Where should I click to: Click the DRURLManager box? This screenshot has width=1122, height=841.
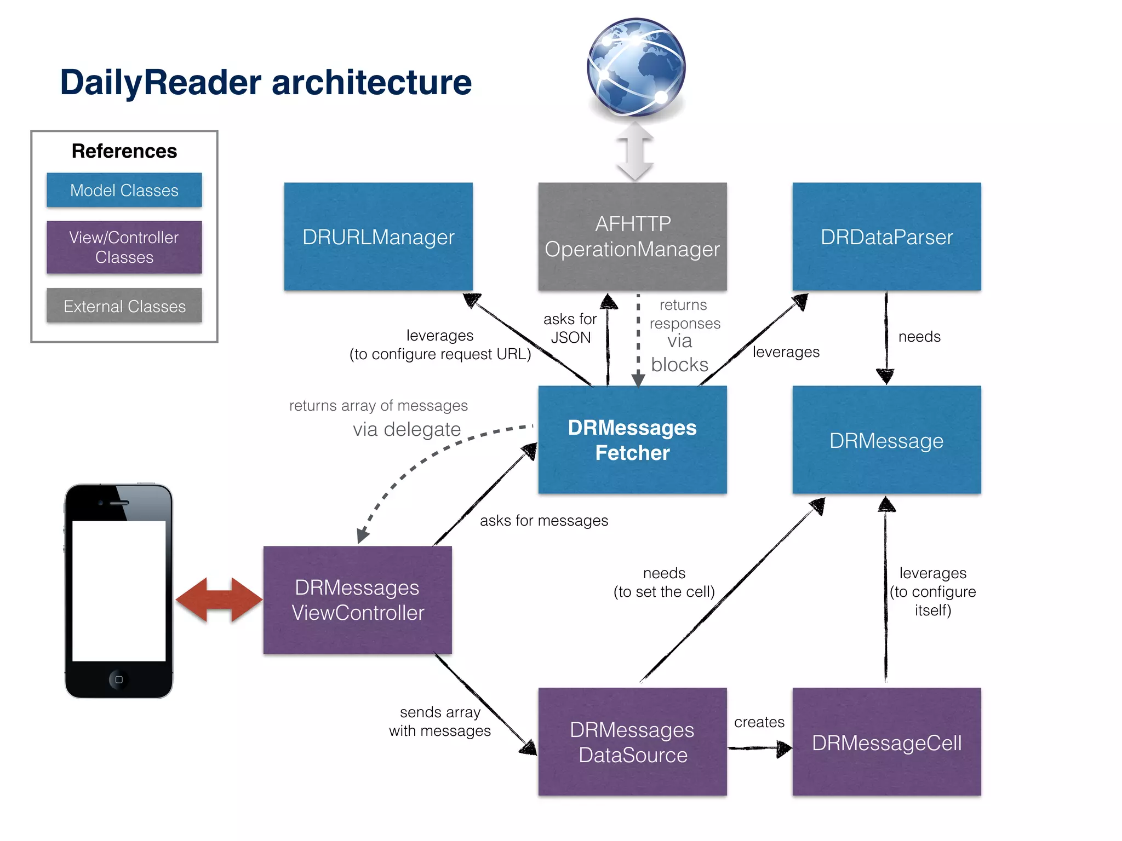tap(378, 237)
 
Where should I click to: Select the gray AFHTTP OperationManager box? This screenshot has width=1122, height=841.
tap(632, 237)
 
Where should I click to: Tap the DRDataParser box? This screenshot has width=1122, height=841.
tap(886, 237)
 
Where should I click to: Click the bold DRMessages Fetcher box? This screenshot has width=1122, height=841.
tap(632, 440)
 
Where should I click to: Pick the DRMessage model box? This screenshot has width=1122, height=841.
tap(886, 440)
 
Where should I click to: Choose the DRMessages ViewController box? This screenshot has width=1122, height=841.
tap(358, 600)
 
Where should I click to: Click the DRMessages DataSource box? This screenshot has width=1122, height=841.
tap(632, 742)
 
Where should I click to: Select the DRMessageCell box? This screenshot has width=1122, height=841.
tap(886, 742)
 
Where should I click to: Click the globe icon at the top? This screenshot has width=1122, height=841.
tap(636, 67)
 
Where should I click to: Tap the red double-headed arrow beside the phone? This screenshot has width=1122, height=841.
tap(219, 600)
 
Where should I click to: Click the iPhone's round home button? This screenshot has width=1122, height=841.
tap(119, 679)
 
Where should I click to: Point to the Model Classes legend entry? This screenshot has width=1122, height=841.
tap(124, 190)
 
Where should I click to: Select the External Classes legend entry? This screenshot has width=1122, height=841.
tap(124, 306)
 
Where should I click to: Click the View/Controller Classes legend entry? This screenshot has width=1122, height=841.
tap(124, 247)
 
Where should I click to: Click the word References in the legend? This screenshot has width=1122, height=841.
tap(124, 151)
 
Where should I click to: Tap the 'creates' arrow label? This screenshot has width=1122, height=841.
tap(759, 722)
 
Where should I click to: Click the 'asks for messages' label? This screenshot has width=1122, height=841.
tap(543, 520)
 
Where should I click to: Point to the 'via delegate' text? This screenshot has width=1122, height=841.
tap(407, 429)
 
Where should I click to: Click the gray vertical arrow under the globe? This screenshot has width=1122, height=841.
tap(634, 151)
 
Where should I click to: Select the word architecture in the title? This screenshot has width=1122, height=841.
tap(371, 82)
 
